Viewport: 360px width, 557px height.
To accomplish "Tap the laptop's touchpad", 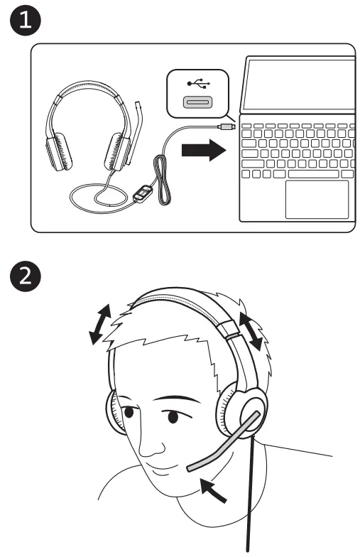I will (x=316, y=199).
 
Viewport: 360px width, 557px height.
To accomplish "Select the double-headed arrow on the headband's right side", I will (x=253, y=332).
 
